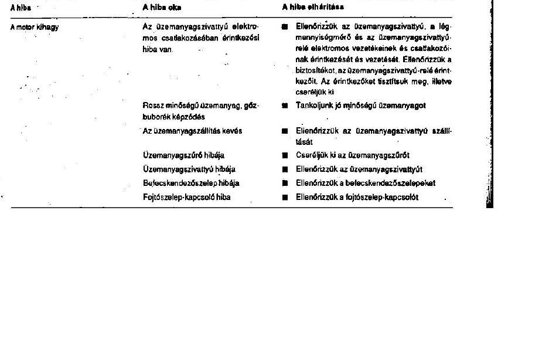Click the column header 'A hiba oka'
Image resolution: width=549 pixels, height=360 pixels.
point(162,8)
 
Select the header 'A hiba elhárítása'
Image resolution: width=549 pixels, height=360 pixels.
point(313,8)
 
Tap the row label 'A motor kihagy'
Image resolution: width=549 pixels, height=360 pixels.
point(35,27)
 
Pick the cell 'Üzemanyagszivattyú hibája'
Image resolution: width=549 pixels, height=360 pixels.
point(189,169)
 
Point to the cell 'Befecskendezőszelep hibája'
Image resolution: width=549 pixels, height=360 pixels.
point(191,183)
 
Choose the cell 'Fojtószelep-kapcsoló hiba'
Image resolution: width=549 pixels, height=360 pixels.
point(186,197)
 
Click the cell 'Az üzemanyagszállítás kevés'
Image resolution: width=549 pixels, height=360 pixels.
point(192,131)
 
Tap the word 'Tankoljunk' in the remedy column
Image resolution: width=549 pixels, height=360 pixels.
point(315,106)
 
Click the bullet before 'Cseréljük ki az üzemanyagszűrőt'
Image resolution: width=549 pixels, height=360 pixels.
point(285,156)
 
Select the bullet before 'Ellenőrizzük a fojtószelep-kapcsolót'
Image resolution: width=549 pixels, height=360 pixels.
point(285,198)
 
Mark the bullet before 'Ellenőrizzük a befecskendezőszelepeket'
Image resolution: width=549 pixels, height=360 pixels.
point(285,184)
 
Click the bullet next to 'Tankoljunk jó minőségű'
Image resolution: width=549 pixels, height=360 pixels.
point(285,106)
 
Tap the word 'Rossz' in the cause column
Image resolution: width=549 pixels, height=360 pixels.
point(152,106)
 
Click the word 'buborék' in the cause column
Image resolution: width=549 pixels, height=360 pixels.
point(156,117)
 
